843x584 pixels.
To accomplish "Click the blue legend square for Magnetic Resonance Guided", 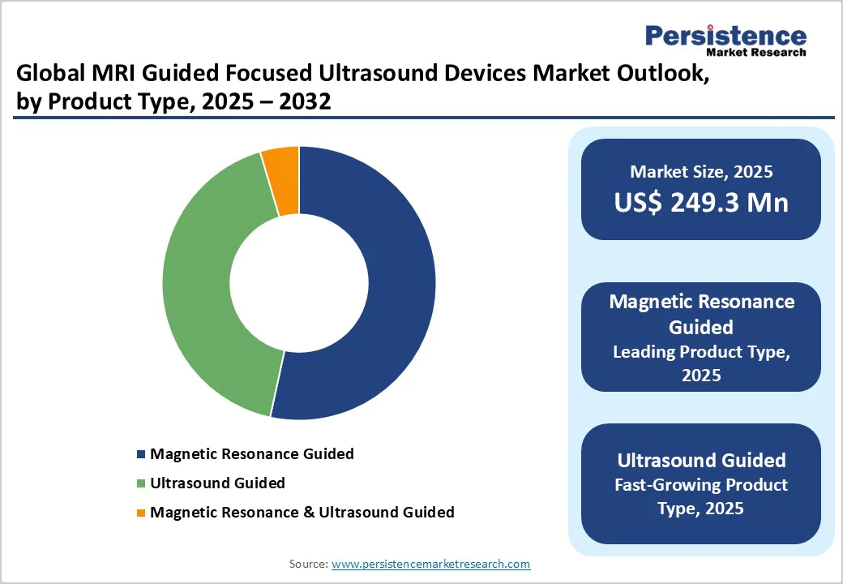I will pyautogui.click(x=142, y=454).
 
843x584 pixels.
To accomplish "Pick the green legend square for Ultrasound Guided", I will pyautogui.click(x=142, y=483).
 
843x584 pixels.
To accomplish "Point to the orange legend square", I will pyautogui.click(x=142, y=513).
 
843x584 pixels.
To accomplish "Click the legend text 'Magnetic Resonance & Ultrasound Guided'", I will pyautogui.click(x=302, y=512).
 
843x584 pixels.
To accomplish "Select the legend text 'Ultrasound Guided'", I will pyautogui.click(x=217, y=483).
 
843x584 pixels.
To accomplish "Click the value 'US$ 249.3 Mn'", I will pyautogui.click(x=701, y=202).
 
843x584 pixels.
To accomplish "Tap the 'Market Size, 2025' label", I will pyautogui.click(x=701, y=172).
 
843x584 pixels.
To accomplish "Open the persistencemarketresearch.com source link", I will pyautogui.click(x=430, y=564).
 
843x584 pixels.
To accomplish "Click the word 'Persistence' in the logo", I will pyautogui.click(x=725, y=36).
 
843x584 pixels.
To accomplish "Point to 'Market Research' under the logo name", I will pyautogui.click(x=756, y=53).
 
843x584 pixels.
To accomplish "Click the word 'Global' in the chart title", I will pyautogui.click(x=50, y=73).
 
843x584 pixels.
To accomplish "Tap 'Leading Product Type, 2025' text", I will pyautogui.click(x=701, y=363).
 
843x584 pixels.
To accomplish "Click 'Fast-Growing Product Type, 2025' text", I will pyautogui.click(x=701, y=496).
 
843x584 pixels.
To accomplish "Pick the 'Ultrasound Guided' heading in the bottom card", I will pyautogui.click(x=701, y=460).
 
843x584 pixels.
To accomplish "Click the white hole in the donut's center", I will pyautogui.click(x=299, y=283).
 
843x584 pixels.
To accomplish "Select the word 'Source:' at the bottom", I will pyautogui.click(x=309, y=564).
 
